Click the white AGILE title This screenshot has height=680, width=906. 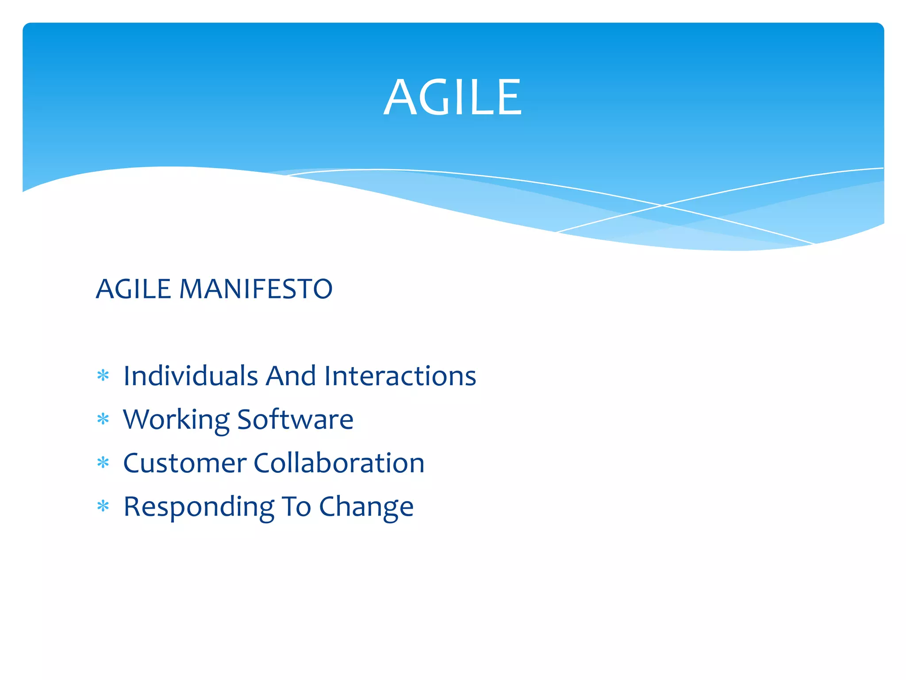tap(453, 97)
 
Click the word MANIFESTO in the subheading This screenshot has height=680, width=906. tap(256, 289)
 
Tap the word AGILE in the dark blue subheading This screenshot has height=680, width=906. tap(134, 289)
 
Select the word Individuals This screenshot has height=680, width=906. tap(190, 376)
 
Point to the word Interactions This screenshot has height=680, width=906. tap(400, 376)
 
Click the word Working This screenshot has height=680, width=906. tap(176, 420)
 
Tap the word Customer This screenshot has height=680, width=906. tap(184, 463)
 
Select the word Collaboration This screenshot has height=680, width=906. tap(339, 463)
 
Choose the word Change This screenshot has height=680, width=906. tap(366, 507)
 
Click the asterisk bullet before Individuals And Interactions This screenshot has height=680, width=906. tap(103, 376)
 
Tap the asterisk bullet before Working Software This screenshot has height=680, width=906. tap(103, 419)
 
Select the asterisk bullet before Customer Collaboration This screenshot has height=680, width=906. tap(103, 463)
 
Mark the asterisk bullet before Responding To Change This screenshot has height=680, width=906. tap(103, 506)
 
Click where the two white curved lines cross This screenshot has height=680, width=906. tap(662, 205)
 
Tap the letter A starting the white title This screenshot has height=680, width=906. tap(399, 97)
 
